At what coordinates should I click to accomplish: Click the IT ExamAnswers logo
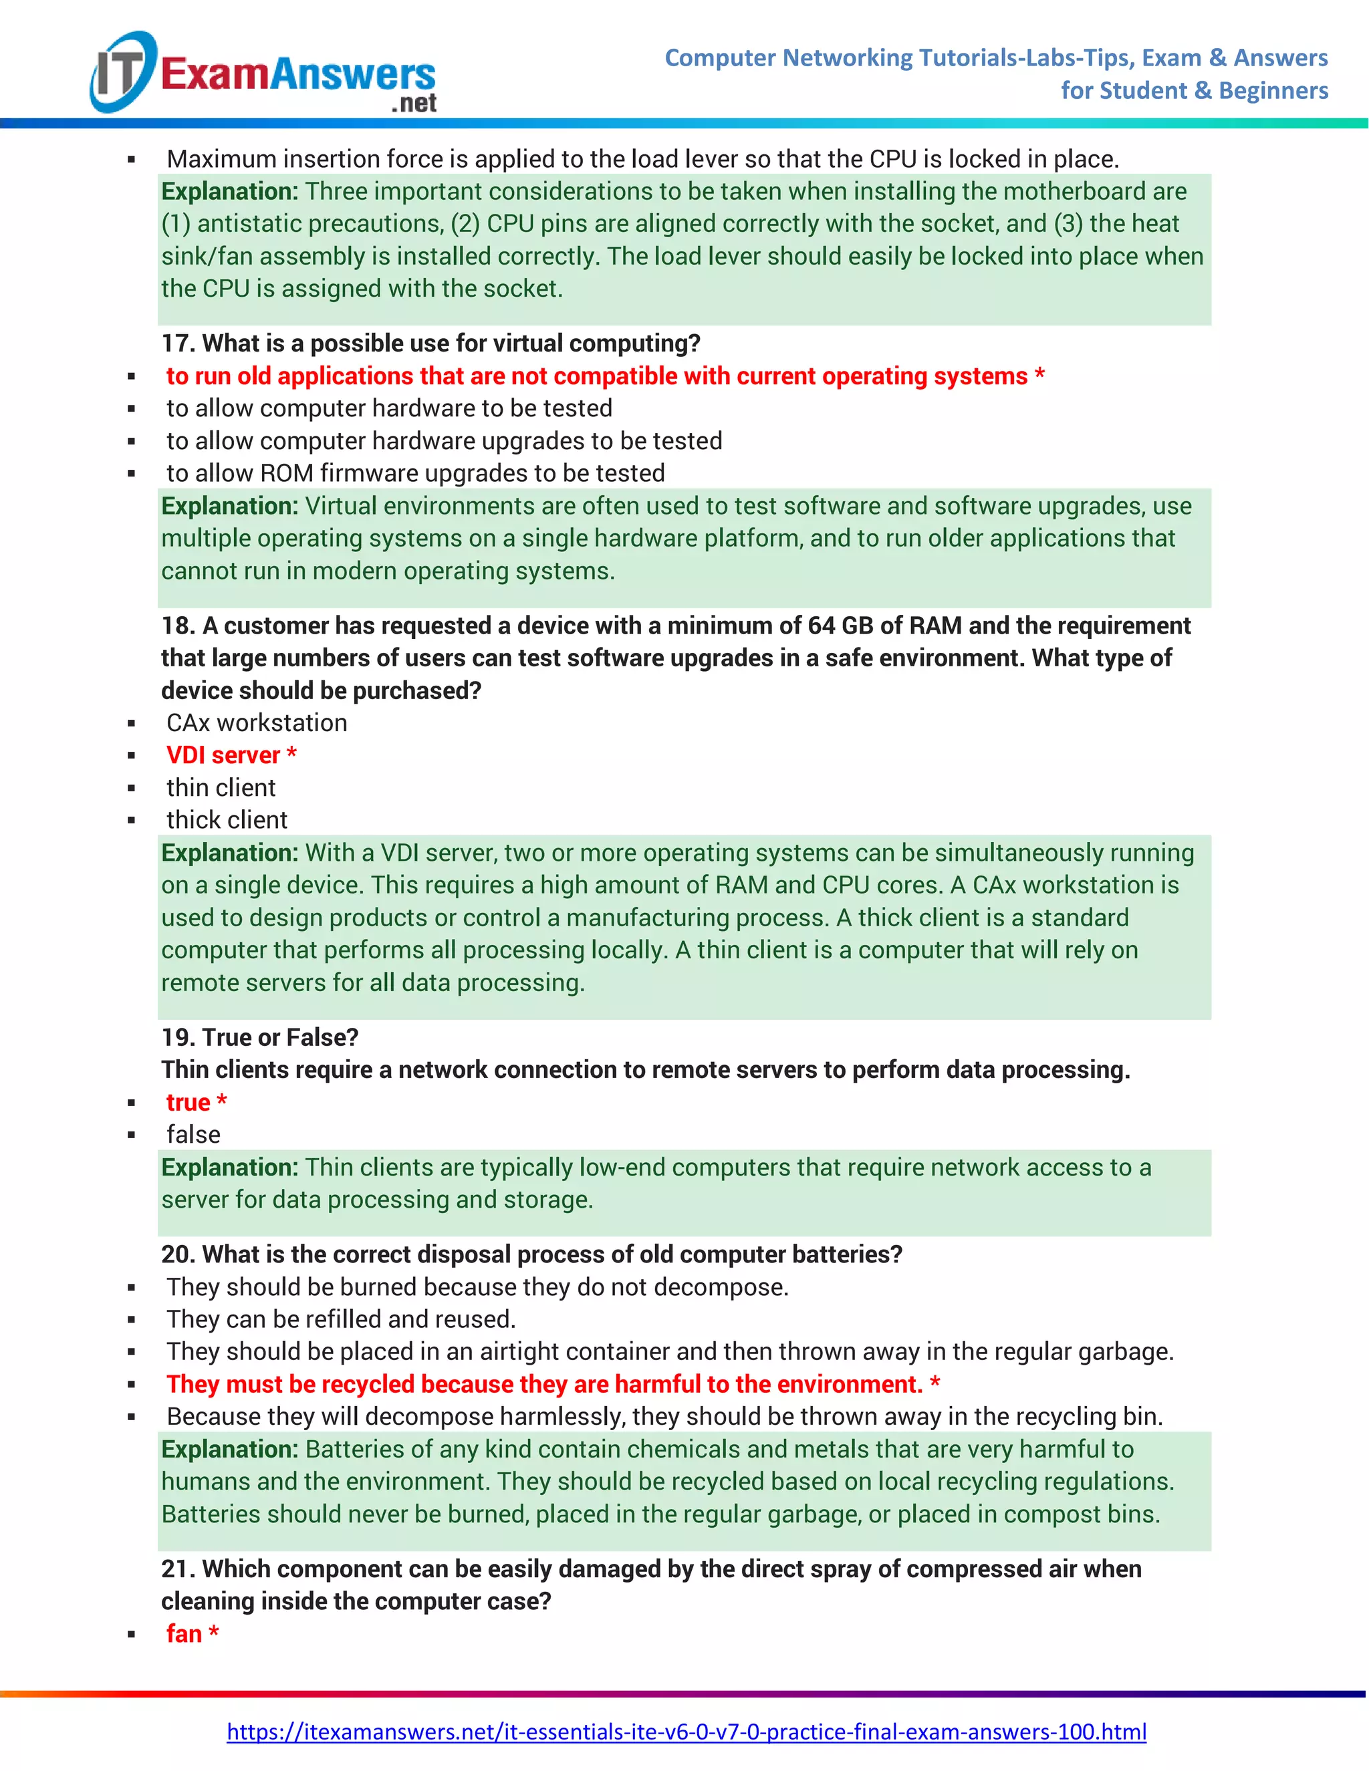tap(263, 74)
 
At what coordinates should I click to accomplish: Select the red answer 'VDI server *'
tap(231, 755)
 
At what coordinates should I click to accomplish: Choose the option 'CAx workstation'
tap(256, 722)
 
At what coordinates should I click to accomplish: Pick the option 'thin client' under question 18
tap(221, 787)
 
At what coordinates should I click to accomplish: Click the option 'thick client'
tap(227, 820)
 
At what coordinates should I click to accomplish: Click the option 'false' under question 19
tap(193, 1135)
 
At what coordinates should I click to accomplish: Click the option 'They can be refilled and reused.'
tap(341, 1319)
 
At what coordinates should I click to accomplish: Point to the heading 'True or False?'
tap(280, 1037)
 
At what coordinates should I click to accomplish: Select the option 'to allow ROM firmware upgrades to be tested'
tap(415, 472)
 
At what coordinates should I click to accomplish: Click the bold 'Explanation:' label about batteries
tap(229, 1449)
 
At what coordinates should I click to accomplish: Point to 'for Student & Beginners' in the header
tap(1194, 90)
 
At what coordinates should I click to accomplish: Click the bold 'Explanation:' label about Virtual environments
tap(229, 506)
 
